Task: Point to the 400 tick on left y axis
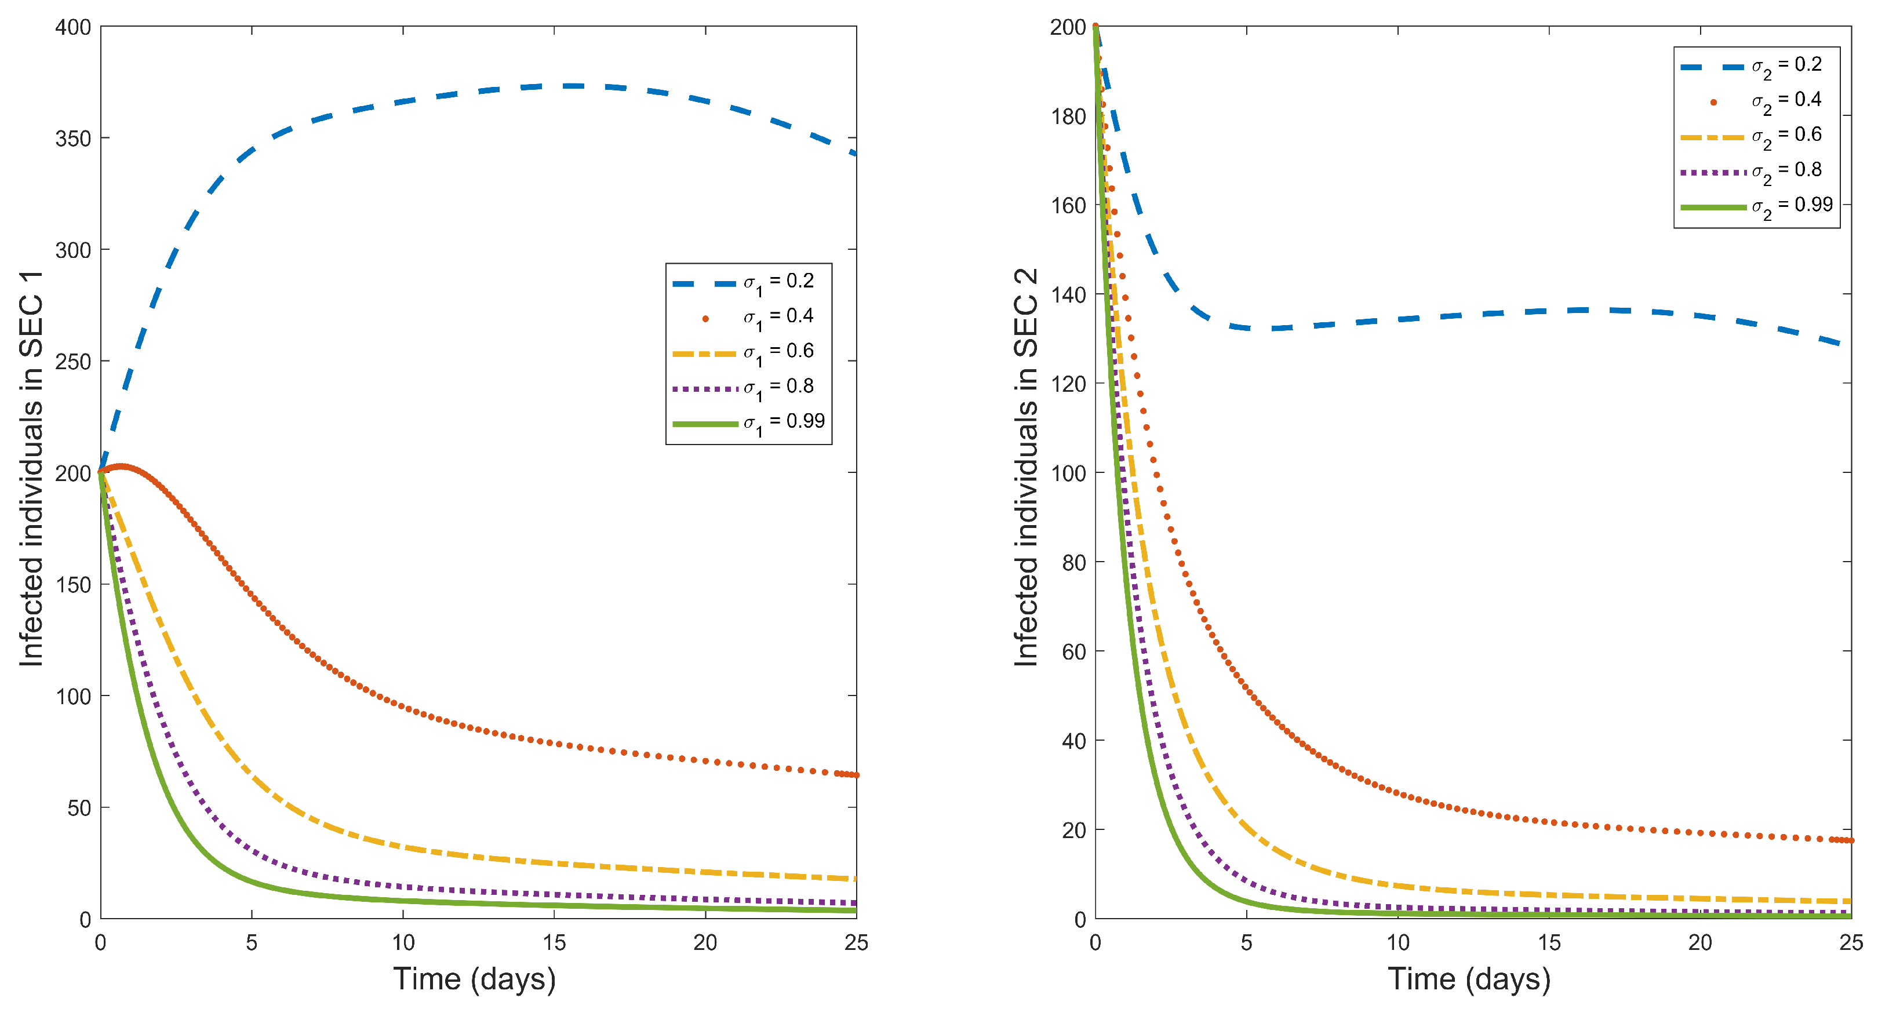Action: click(x=73, y=28)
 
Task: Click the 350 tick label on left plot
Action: click(x=73, y=139)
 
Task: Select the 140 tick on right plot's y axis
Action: click(x=1068, y=295)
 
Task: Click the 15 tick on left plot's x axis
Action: click(x=554, y=942)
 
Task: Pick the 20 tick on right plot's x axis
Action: click(x=1700, y=942)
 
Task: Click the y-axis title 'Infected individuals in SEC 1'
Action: click(x=31, y=469)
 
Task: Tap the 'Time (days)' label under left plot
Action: click(x=475, y=979)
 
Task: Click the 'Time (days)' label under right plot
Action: click(x=1469, y=979)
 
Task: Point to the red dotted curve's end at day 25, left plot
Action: click(x=855, y=775)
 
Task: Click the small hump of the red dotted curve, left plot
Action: click(x=121, y=467)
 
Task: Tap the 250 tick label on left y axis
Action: click(x=73, y=362)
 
